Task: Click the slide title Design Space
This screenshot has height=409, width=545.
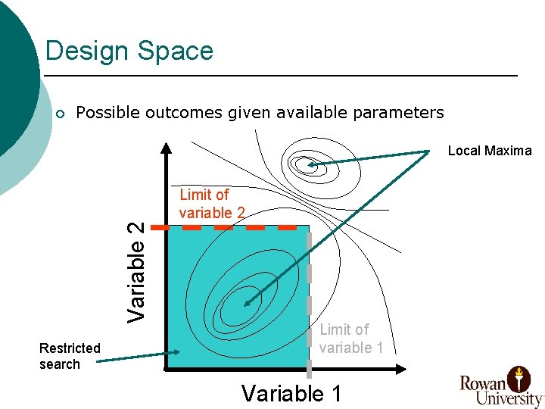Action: click(129, 51)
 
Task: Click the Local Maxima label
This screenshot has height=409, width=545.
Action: click(490, 151)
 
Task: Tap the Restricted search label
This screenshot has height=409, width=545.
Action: click(70, 356)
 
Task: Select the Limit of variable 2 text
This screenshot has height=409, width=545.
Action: click(212, 204)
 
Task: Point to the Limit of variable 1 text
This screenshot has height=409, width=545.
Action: click(351, 339)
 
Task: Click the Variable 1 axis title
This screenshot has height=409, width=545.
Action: click(291, 393)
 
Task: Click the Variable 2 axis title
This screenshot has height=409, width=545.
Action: click(136, 270)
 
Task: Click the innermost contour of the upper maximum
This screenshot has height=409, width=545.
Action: click(305, 163)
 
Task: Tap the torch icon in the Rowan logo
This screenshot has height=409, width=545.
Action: click(519, 376)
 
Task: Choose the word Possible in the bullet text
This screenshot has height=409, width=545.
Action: click(108, 113)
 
